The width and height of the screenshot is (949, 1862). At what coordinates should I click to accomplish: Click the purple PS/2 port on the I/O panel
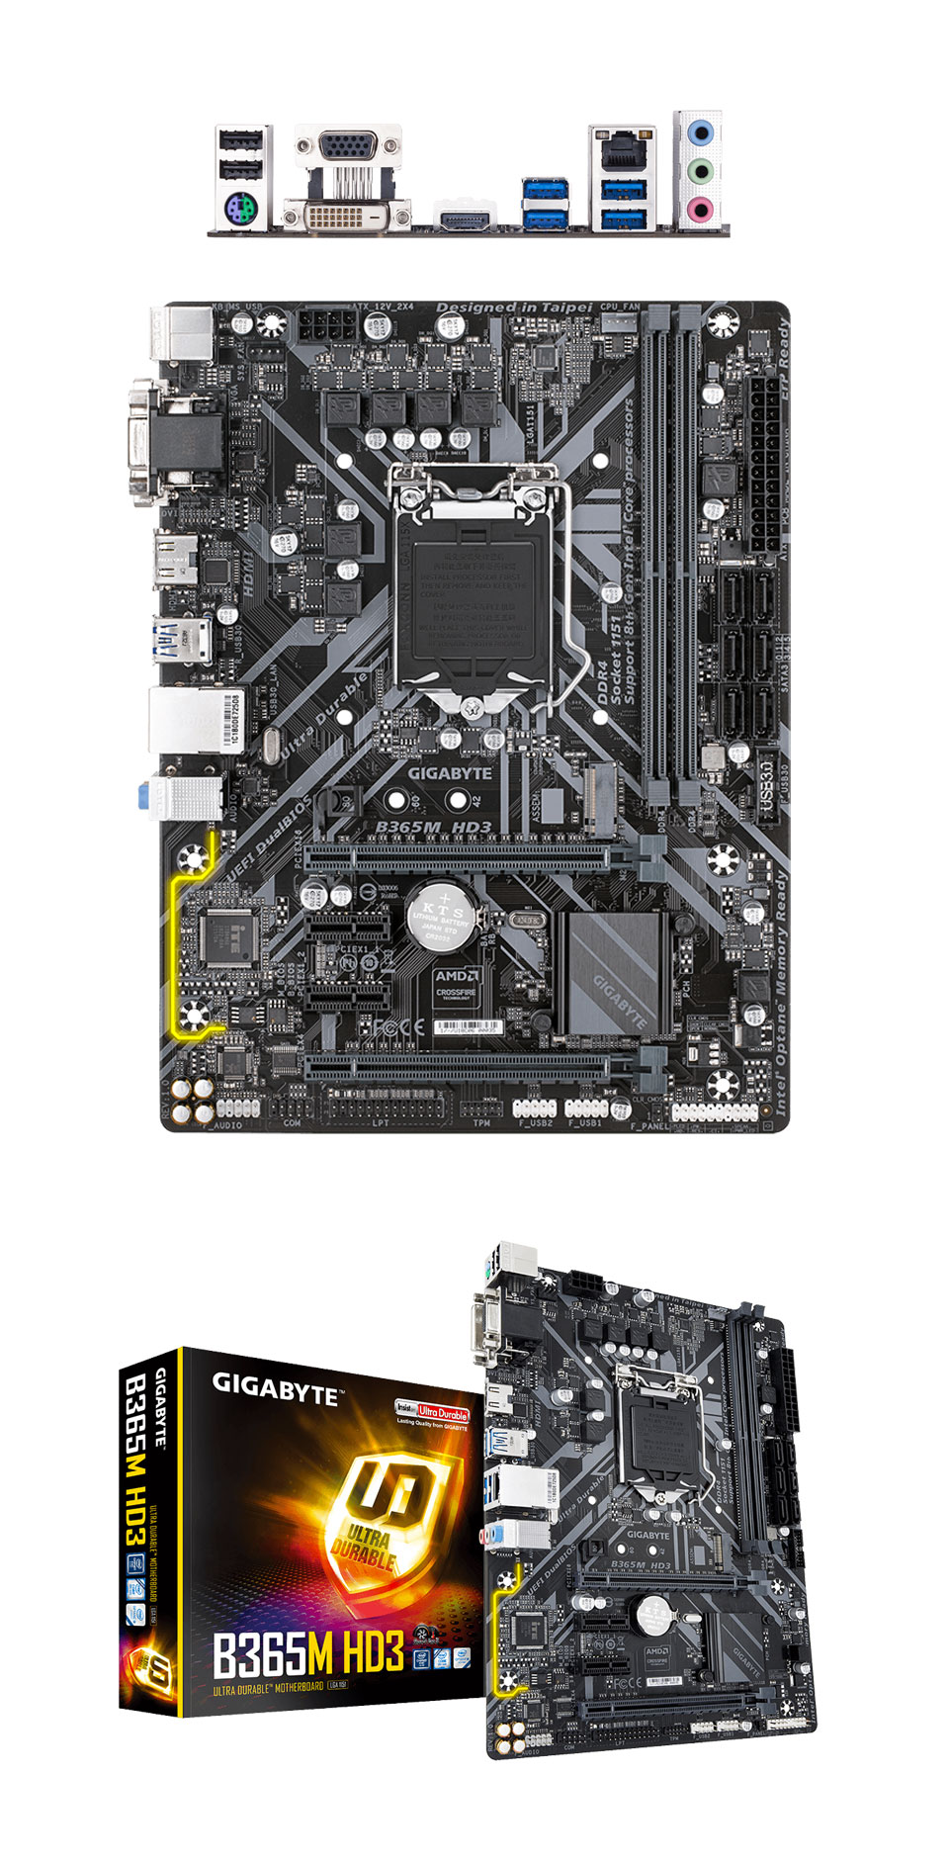click(x=241, y=211)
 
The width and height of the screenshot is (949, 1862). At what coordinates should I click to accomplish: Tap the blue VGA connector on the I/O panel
click(x=347, y=146)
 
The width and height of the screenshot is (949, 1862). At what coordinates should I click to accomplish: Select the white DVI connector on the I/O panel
click(x=347, y=215)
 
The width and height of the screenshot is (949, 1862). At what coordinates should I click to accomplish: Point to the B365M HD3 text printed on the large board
click(x=433, y=827)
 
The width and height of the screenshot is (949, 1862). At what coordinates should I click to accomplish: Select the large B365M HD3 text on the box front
click(x=308, y=1652)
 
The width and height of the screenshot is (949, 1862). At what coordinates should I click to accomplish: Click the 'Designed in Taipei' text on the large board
click(x=513, y=309)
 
